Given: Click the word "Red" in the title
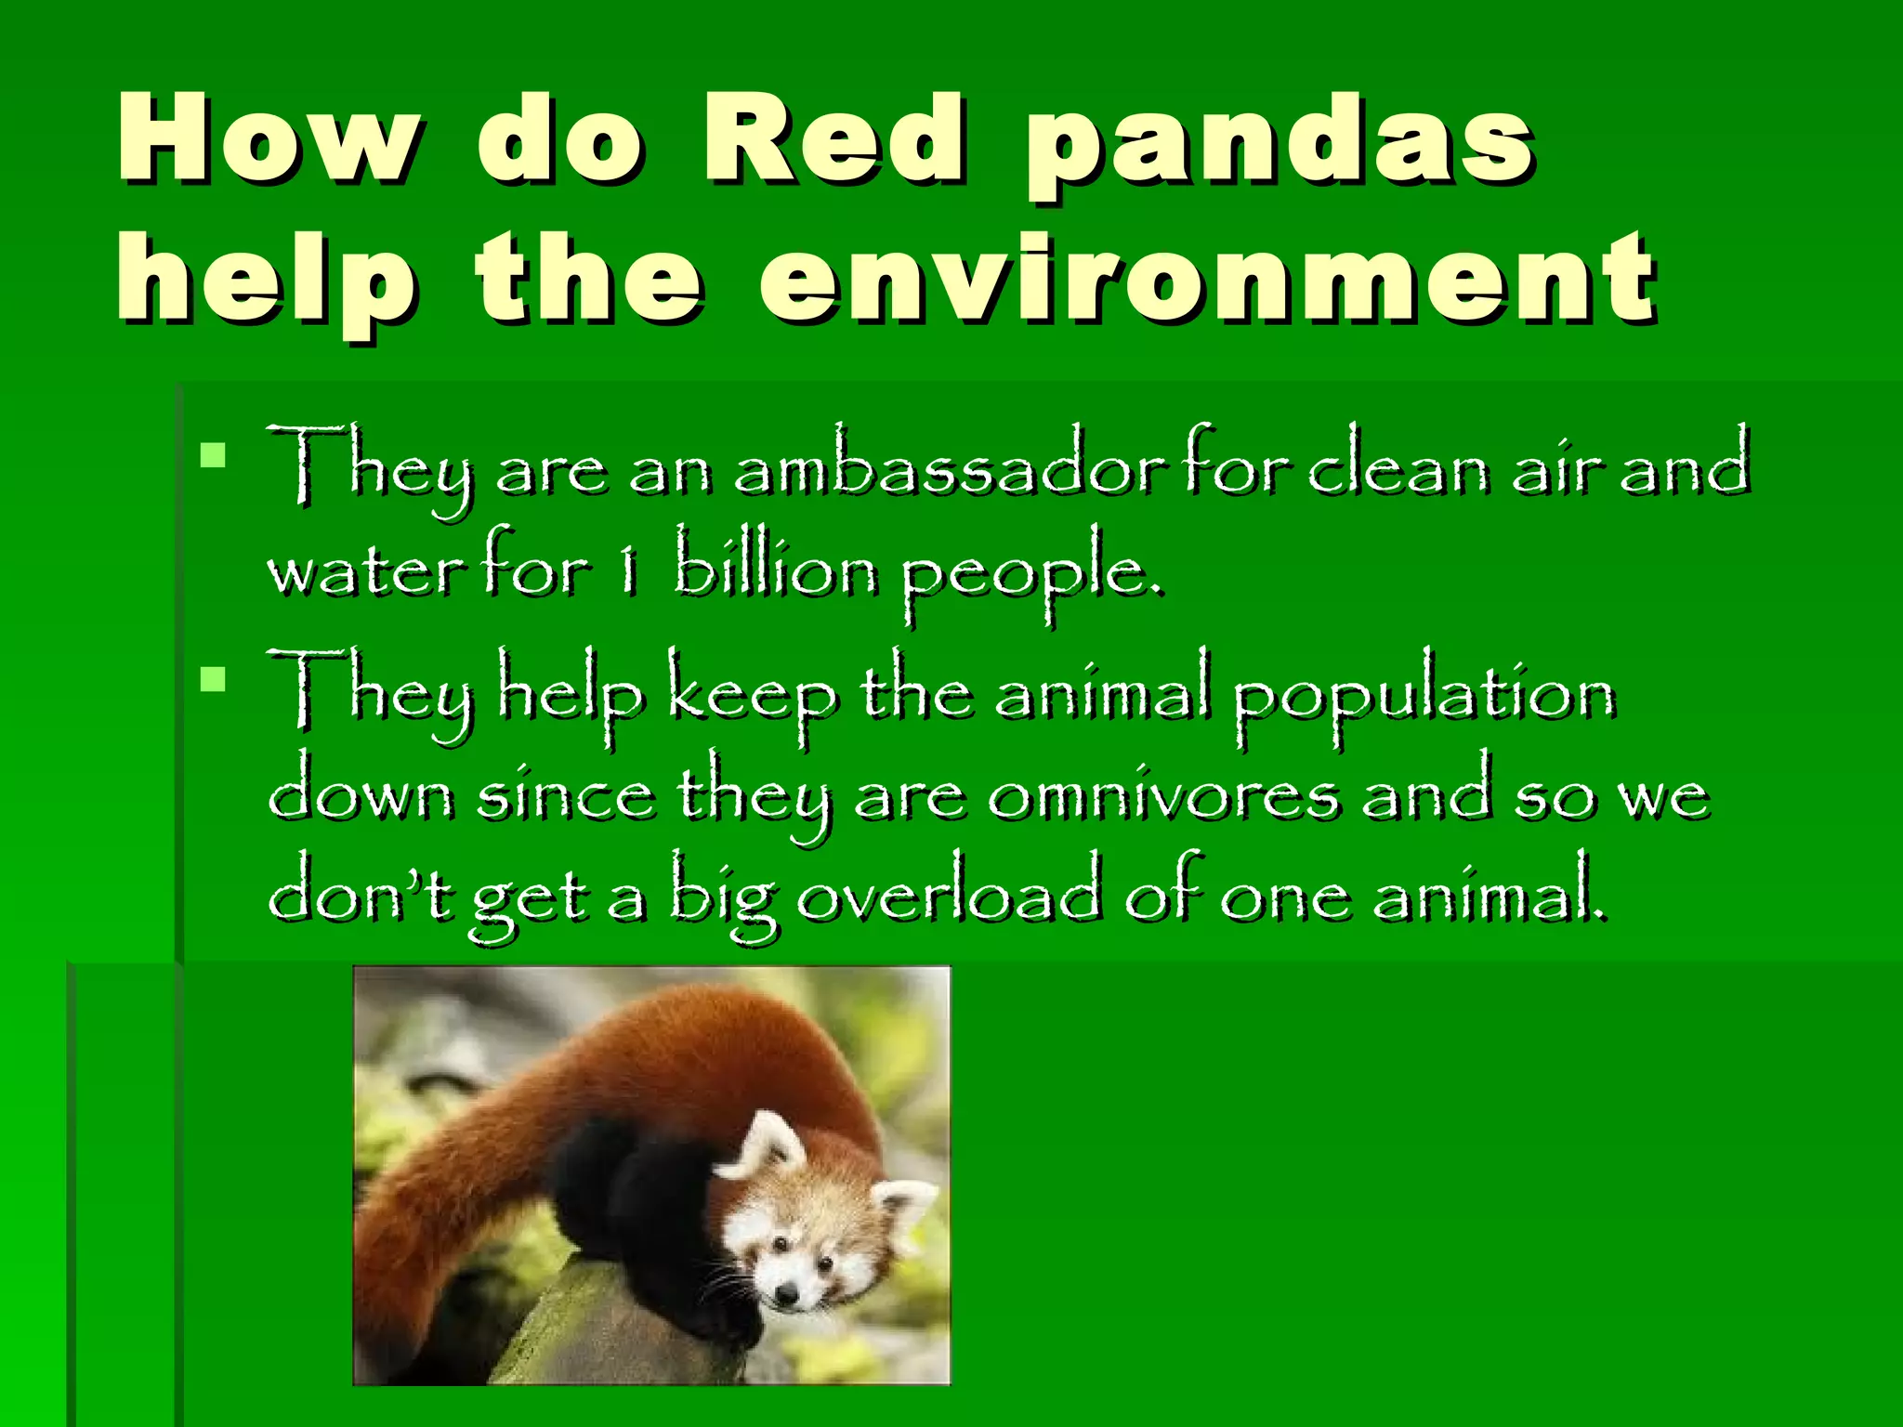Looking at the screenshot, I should pos(833,139).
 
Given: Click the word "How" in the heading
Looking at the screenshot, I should pos(269,139).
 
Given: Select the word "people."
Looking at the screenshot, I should pos(1031,576).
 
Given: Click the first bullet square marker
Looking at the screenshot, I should pos(213,455).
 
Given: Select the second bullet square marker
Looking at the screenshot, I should pos(213,680).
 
